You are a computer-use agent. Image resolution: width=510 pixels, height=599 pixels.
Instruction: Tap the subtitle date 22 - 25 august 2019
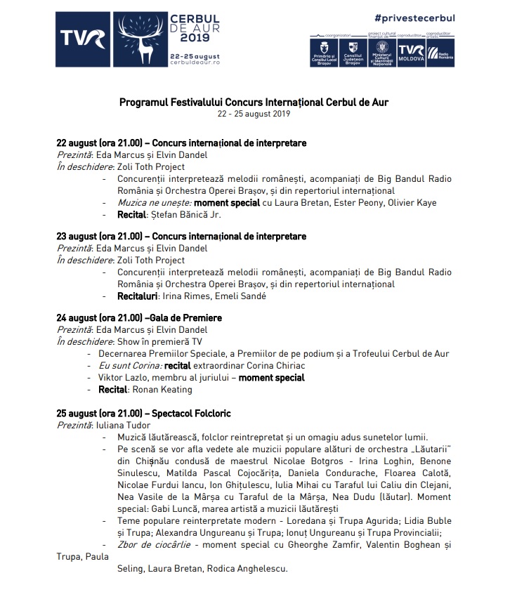pyautogui.click(x=254, y=113)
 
